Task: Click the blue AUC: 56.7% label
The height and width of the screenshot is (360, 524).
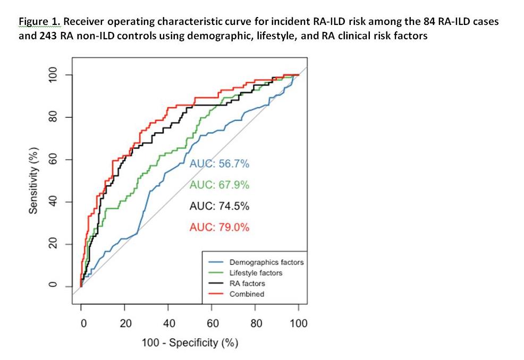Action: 219,164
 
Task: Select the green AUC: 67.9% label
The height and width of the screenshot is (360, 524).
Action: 219,185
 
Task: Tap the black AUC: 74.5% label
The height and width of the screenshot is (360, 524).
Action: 219,206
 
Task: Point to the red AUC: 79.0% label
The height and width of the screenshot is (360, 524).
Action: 219,227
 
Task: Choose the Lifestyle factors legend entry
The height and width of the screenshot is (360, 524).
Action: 256,273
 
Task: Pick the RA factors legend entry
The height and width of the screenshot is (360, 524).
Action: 247,284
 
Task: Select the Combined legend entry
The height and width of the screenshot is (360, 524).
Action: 247,294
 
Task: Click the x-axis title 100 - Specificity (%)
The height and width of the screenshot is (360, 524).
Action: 190,342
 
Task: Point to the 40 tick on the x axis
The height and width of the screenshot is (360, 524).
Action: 168,323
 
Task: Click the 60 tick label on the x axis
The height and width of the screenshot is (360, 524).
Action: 212,323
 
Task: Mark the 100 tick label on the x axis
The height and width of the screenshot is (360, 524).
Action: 299,323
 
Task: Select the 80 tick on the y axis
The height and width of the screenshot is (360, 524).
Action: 53,117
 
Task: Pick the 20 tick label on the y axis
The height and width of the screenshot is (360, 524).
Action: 53,244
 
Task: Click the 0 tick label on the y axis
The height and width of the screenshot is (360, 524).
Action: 53,287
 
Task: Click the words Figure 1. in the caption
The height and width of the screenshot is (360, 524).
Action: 40,21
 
